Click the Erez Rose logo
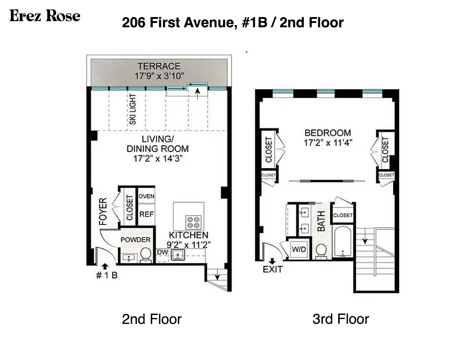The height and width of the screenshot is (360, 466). [45, 17]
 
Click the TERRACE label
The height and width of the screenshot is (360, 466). [159, 66]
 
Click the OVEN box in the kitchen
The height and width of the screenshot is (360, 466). [146, 196]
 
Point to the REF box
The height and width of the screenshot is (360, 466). [146, 215]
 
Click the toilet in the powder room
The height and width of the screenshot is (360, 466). [145, 255]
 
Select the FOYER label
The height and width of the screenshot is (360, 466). [103, 211]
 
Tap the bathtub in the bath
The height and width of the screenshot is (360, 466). [344, 243]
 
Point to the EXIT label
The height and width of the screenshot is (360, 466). [273, 270]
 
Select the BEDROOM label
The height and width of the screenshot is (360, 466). [328, 133]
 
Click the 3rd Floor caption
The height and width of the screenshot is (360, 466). [340, 319]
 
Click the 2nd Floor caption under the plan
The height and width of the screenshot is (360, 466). [152, 319]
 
